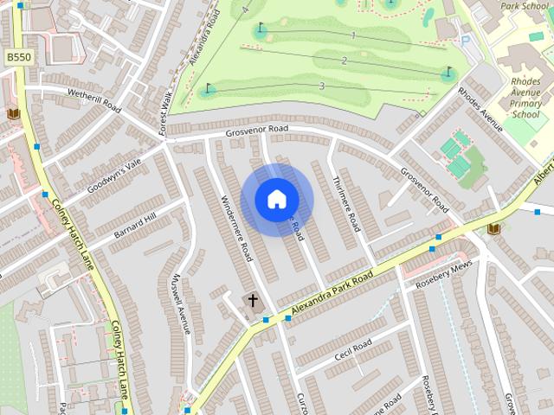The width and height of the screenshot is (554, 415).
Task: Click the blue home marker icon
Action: click(276, 199)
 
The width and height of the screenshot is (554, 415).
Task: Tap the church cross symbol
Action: click(254, 301)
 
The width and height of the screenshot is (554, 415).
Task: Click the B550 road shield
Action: click(17, 57)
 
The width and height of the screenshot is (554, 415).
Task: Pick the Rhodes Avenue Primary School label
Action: click(525, 98)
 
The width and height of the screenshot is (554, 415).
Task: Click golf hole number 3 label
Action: click(322, 86)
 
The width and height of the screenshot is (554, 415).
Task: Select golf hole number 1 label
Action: click(353, 35)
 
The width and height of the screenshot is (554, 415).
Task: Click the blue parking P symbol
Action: click(466, 40)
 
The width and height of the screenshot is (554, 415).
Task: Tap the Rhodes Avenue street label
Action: click(480, 109)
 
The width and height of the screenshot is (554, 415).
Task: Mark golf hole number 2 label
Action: click(344, 60)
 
